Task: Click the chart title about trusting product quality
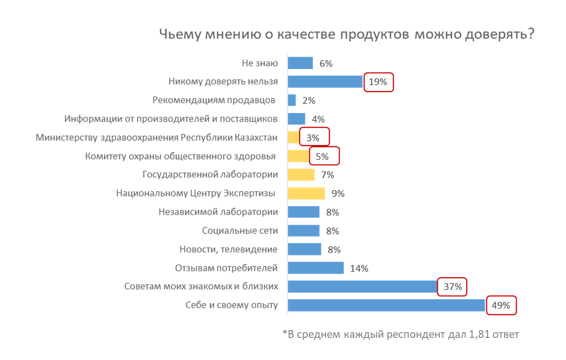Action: tap(346, 35)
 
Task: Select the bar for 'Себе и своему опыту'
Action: tap(386, 305)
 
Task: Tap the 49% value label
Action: tap(500, 305)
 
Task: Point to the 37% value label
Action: tap(452, 287)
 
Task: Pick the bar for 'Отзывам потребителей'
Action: tap(315, 268)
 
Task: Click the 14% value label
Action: tap(359, 268)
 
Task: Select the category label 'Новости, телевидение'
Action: tap(228, 249)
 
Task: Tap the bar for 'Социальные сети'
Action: tap(304, 230)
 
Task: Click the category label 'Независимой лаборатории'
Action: tap(218, 212)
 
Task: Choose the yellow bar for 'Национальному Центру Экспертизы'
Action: tap(306, 193)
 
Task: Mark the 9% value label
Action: tap(338, 194)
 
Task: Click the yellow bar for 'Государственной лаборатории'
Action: tap(301, 175)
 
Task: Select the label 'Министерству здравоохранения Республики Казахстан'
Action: tap(157, 137)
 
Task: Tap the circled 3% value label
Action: tap(313, 138)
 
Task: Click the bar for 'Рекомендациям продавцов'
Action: tap(292, 100)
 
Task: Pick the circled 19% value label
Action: tap(379, 82)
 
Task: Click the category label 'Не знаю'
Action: tap(260, 63)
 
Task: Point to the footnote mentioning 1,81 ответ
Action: tap(401, 334)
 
